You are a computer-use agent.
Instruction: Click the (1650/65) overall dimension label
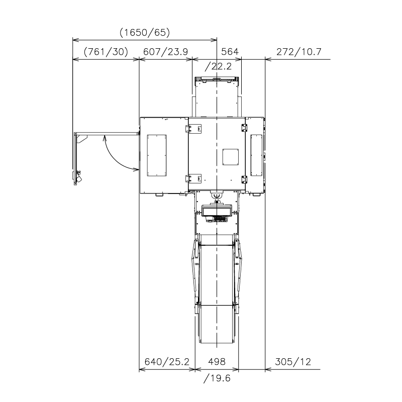[145, 33]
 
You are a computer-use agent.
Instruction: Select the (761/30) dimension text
[106, 52]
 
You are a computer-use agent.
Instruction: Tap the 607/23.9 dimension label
[165, 52]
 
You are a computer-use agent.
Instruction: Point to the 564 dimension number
[230, 52]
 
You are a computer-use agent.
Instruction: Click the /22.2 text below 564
[218, 66]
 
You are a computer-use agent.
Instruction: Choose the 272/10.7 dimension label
[298, 52]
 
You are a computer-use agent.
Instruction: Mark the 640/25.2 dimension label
[167, 362]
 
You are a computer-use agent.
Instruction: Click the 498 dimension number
[217, 362]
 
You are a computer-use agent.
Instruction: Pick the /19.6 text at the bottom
[217, 378]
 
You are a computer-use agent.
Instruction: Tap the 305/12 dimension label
[293, 362]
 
